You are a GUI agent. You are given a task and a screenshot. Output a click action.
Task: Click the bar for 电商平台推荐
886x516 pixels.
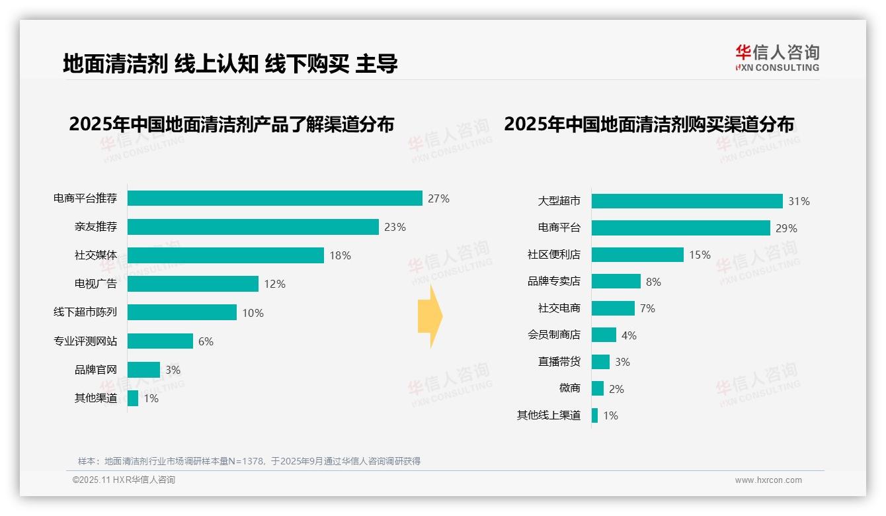coord(274,198)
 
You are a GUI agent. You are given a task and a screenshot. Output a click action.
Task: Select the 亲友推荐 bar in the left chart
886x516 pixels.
coord(253,227)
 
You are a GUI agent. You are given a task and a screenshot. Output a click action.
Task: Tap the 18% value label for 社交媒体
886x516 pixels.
coord(340,255)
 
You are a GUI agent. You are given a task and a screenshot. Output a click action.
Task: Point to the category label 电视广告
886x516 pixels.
coord(95,284)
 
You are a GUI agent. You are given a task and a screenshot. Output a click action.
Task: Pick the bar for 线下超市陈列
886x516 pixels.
coord(182,312)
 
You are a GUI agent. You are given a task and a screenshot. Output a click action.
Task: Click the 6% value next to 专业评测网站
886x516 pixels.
coord(206,341)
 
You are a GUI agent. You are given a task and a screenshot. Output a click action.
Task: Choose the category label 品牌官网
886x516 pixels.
coord(95,370)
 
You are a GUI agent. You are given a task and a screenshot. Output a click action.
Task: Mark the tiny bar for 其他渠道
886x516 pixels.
coord(133,398)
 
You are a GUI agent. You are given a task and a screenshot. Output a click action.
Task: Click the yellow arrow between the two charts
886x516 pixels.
coord(430,316)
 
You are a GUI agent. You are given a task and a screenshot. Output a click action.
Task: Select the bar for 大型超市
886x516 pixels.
coord(687,201)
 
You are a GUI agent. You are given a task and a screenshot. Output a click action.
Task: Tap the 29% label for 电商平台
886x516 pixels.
coord(787,228)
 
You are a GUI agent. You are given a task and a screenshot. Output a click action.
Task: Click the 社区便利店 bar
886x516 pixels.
coord(637,255)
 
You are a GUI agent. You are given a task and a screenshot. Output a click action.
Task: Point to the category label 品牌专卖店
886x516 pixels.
coord(553,281)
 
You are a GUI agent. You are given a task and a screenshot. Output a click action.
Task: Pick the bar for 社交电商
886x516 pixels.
coord(613,308)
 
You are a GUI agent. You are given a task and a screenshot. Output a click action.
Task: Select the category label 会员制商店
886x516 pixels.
coord(553,335)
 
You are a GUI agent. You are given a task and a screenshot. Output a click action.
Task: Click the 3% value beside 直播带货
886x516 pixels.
coord(622,362)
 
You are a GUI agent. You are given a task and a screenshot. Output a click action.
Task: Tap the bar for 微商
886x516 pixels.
coord(598,388)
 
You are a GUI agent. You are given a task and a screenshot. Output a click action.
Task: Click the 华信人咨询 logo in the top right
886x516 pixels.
coord(777,58)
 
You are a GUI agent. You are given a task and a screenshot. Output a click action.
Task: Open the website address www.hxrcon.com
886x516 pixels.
coord(768,480)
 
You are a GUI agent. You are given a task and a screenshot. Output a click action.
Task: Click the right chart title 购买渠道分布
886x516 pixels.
coord(649,124)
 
